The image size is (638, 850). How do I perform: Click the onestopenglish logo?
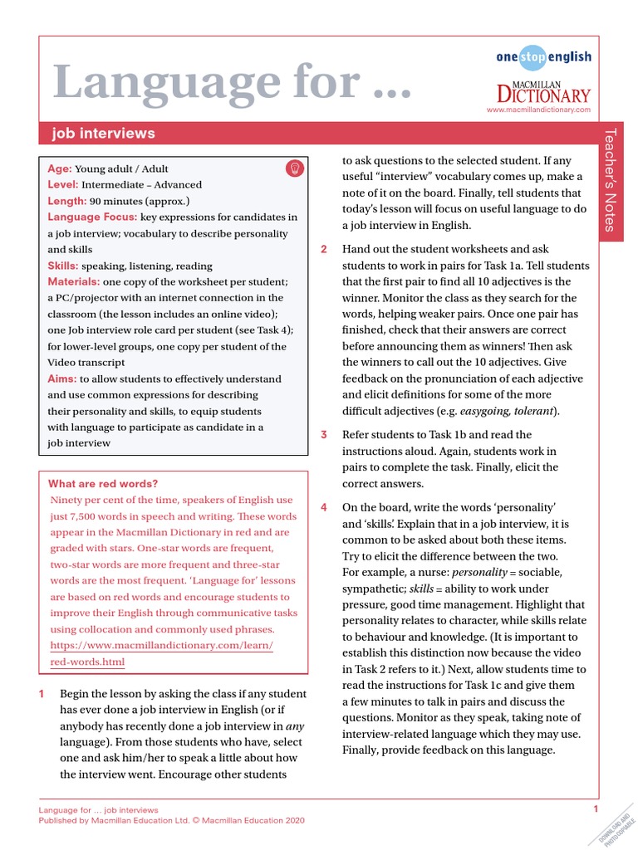pos(543,56)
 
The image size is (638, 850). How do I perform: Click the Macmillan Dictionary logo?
pos(543,89)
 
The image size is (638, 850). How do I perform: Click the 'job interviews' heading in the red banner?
pos(103,133)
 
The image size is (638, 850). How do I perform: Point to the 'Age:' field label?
pos(60,169)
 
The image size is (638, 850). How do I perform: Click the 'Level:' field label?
pos(63,184)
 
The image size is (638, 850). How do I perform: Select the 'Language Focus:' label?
pos(92,217)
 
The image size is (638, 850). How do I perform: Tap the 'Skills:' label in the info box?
pos(63,266)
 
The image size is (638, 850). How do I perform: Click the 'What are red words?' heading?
pos(103,484)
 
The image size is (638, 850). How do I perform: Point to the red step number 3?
pos(325,435)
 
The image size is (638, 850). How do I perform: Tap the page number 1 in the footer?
pos(596,808)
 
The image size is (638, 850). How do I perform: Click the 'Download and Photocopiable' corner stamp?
pos(616,827)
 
